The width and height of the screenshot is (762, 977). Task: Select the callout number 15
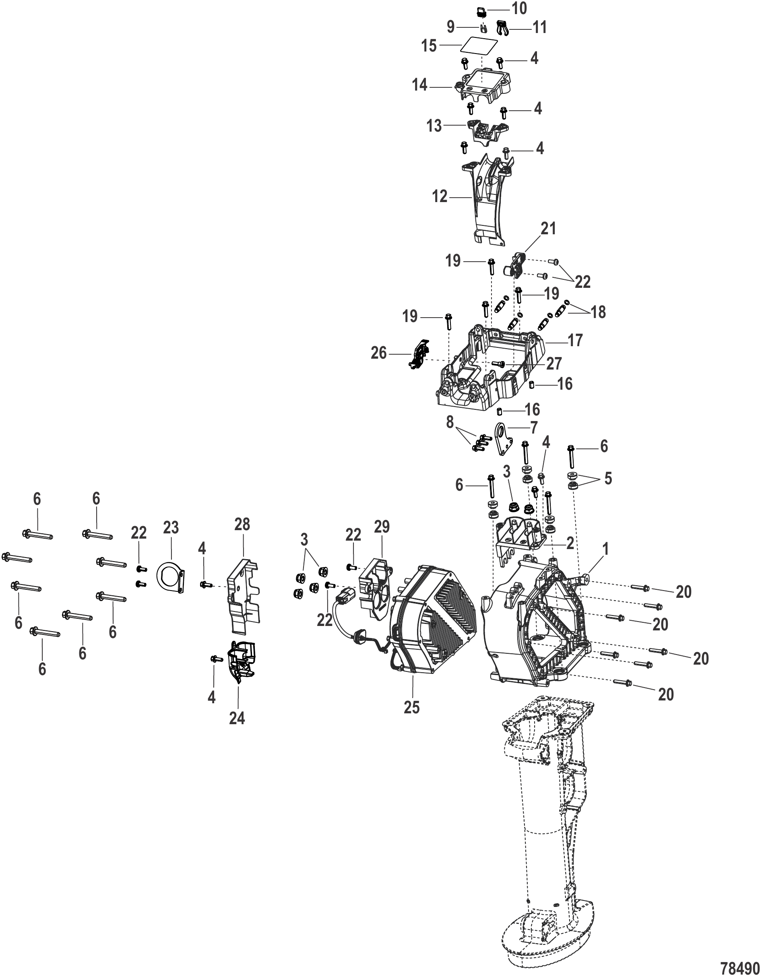pyautogui.click(x=429, y=45)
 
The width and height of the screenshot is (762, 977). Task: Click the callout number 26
pyautogui.click(x=379, y=353)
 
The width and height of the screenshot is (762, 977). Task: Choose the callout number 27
pyautogui.click(x=553, y=364)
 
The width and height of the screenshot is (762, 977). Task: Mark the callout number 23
pyautogui.click(x=171, y=528)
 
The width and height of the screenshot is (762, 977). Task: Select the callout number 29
pyautogui.click(x=382, y=526)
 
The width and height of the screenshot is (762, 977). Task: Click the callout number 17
pyautogui.click(x=575, y=341)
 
